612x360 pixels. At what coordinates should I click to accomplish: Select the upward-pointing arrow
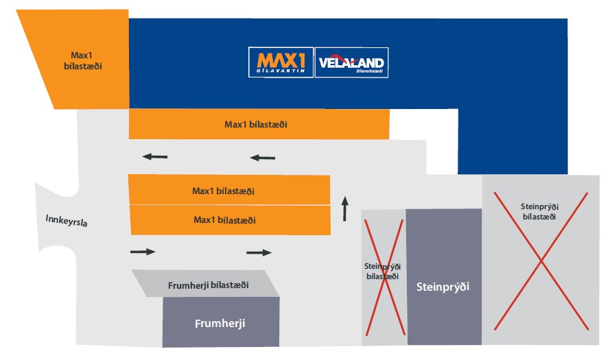(345, 208)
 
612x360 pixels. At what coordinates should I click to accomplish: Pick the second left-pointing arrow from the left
(263, 158)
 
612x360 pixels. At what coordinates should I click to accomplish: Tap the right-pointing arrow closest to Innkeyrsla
(143, 252)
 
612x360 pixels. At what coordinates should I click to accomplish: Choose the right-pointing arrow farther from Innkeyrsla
(259, 252)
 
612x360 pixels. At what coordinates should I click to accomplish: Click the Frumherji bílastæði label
(208, 285)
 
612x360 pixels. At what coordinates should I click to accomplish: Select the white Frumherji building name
(220, 323)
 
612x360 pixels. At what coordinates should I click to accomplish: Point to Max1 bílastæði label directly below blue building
(256, 125)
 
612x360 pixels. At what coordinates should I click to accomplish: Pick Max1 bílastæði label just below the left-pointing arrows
(228, 191)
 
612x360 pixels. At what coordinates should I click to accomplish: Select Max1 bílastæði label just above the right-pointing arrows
(225, 220)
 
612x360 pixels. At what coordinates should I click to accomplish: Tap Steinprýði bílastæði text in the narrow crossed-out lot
(383, 270)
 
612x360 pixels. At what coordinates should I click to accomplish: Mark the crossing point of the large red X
(541, 260)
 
